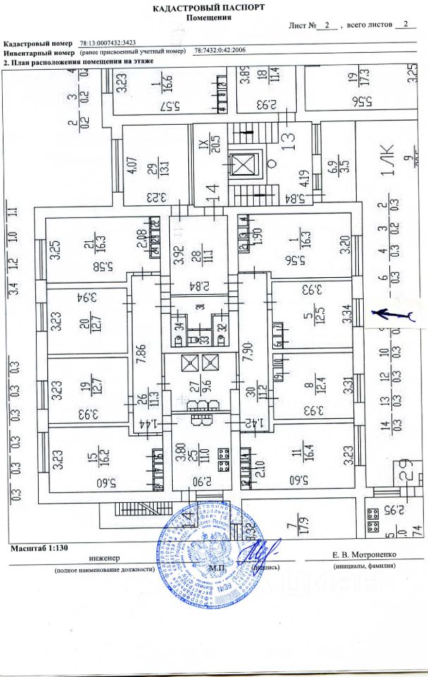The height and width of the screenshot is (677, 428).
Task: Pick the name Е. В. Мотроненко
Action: coord(360,556)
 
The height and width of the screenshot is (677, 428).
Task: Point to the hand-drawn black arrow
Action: coord(393,314)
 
